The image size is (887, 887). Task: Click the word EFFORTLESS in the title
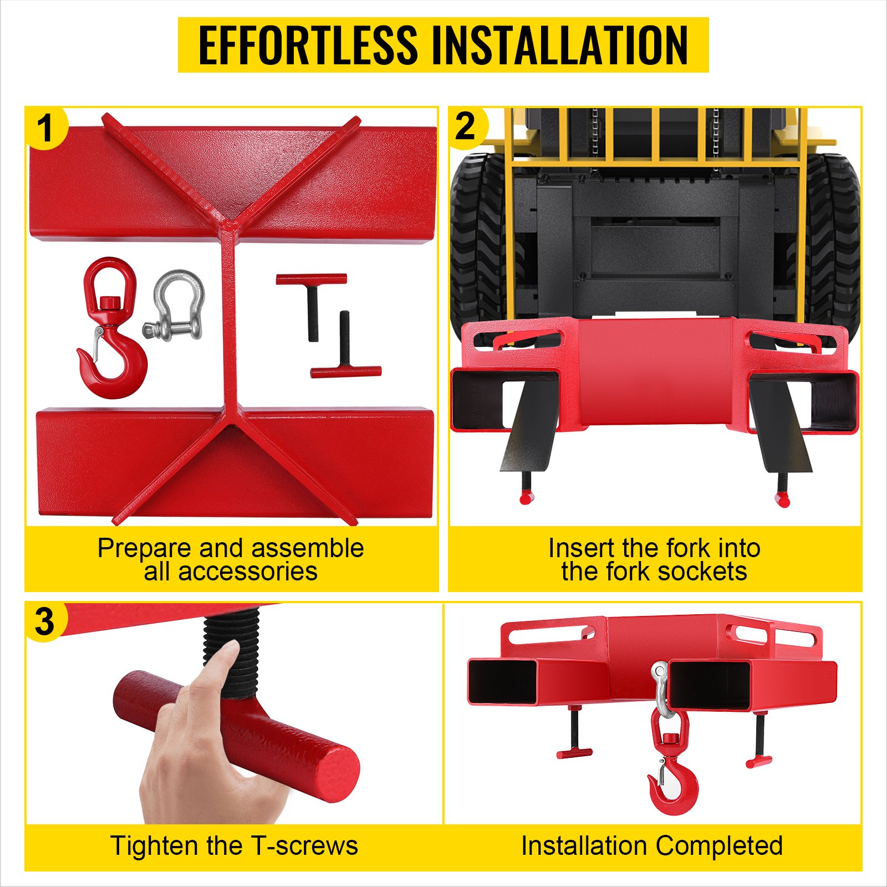(308, 45)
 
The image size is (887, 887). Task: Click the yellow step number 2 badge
(468, 128)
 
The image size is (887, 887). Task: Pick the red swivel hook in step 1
(111, 327)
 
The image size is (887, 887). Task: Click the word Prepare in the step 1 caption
(146, 548)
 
